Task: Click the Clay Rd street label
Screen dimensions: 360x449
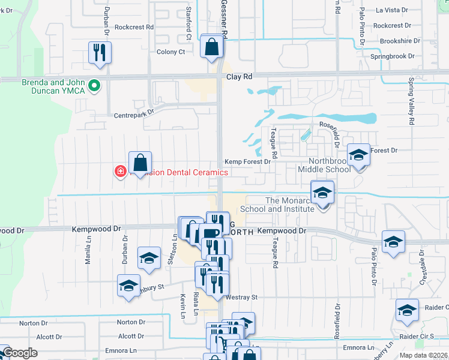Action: point(240,77)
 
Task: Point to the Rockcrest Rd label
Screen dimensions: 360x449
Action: point(134,27)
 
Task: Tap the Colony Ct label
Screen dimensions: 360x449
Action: point(170,52)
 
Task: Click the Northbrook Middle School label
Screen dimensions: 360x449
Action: point(330,165)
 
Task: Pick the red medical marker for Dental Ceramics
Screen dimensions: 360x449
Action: point(121,172)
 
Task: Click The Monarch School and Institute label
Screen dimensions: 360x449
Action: point(277,205)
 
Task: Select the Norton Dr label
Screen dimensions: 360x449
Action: point(32,323)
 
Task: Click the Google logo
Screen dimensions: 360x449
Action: point(20,353)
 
